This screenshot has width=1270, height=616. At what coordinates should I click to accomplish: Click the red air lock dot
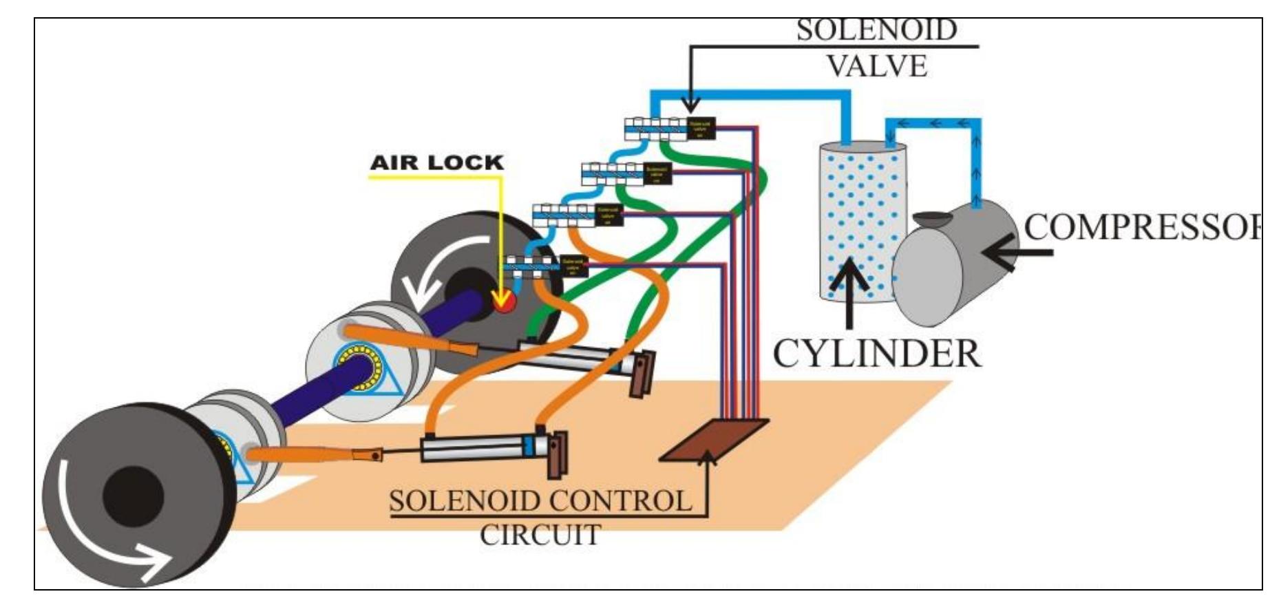point(505,302)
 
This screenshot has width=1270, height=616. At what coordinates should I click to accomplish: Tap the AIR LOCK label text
point(437,163)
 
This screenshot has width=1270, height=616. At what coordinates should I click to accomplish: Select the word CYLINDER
point(876,354)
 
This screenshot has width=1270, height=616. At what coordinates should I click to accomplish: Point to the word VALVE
point(876,66)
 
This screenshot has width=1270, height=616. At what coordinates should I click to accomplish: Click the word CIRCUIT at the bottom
point(540,535)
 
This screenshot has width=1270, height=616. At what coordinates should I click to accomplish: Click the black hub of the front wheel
point(133,496)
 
